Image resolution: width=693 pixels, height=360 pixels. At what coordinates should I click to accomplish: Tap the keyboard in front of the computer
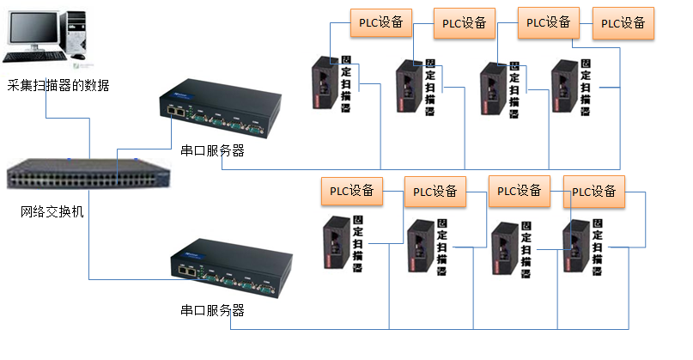[x=35, y=57]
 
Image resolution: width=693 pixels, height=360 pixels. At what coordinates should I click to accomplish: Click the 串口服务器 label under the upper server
[x=212, y=150]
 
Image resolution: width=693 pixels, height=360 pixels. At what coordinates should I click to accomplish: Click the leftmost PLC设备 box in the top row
[x=381, y=22]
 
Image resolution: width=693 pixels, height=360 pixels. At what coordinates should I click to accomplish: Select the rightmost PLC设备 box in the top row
[x=623, y=23]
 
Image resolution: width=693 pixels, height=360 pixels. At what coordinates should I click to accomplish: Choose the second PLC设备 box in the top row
[x=465, y=23]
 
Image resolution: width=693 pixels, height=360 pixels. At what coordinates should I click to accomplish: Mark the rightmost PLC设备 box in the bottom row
[x=594, y=191]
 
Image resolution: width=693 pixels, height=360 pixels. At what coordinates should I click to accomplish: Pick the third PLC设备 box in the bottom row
[x=520, y=190]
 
